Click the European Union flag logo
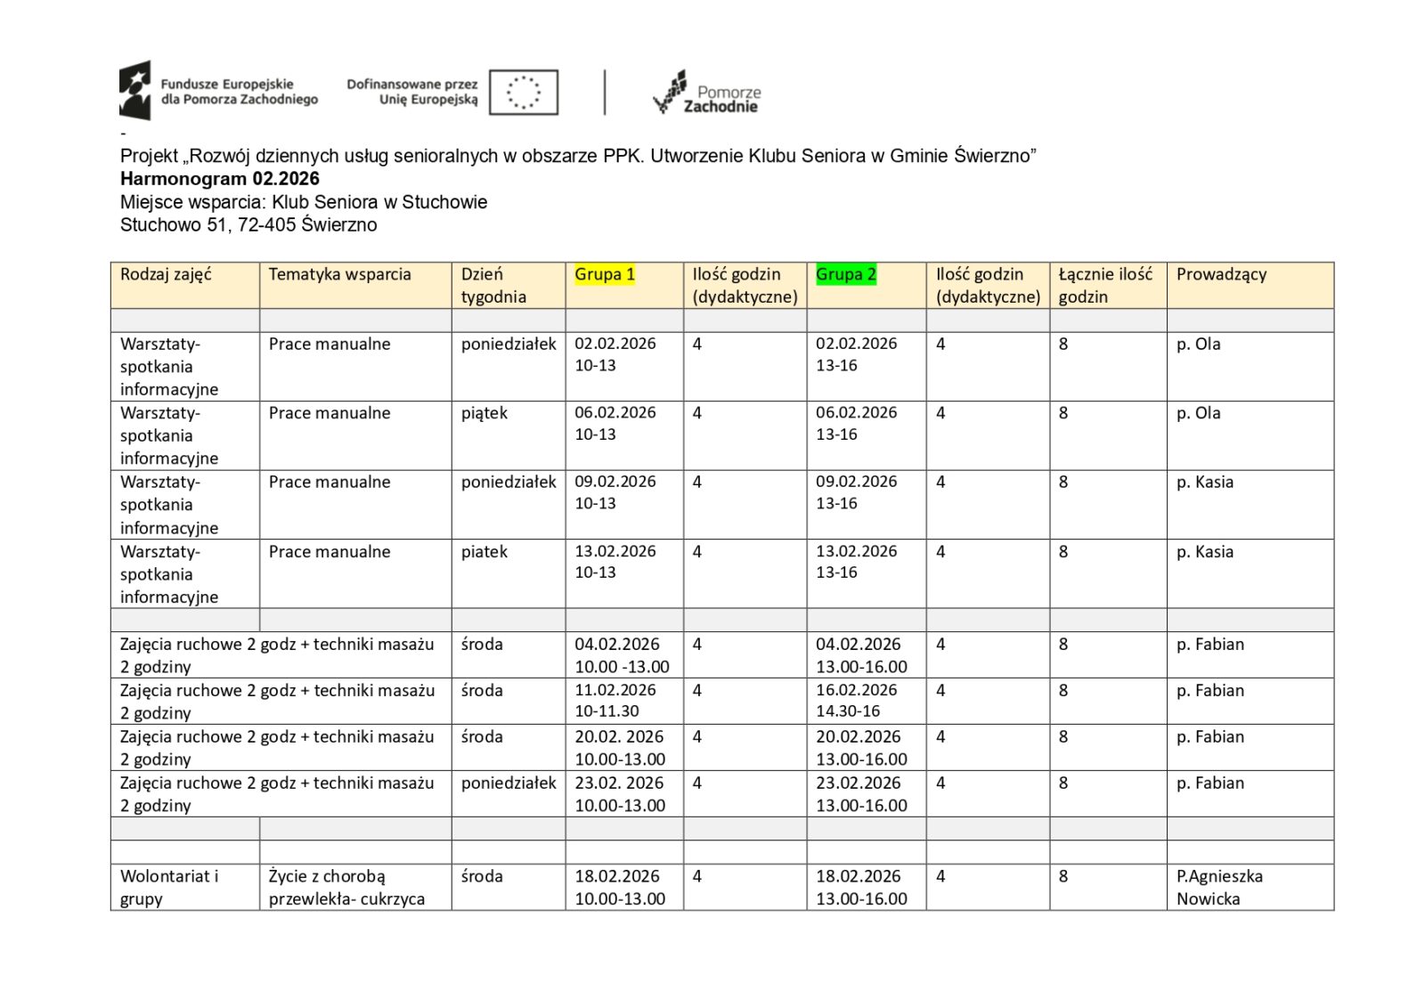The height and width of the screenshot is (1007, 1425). coord(524,92)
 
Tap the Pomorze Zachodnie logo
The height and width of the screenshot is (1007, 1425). coord(707,93)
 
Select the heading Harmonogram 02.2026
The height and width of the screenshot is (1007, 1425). coord(219,178)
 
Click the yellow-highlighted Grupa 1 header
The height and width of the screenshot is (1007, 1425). coord(605,274)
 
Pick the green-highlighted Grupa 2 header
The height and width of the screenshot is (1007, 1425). coord(845,274)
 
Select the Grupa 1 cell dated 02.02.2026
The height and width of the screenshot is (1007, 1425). coord(615,354)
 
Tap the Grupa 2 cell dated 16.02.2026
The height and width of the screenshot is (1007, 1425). coord(857,700)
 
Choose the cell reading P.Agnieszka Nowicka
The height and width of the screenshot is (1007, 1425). coord(1219,887)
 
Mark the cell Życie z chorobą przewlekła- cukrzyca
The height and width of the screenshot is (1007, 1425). coord(346,887)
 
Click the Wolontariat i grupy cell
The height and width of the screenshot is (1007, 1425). coord(169,887)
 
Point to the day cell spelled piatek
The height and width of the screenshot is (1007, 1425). coord(484,552)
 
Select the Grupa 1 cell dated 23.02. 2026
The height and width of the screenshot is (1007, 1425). coord(620,793)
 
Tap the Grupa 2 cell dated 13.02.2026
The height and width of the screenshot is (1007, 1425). coord(857,562)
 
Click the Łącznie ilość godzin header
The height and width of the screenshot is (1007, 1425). coord(1105,285)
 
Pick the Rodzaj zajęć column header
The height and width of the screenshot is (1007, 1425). coord(166,274)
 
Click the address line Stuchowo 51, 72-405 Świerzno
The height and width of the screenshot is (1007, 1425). coord(248,224)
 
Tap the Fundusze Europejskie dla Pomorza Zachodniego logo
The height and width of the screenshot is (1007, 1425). coord(218,91)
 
